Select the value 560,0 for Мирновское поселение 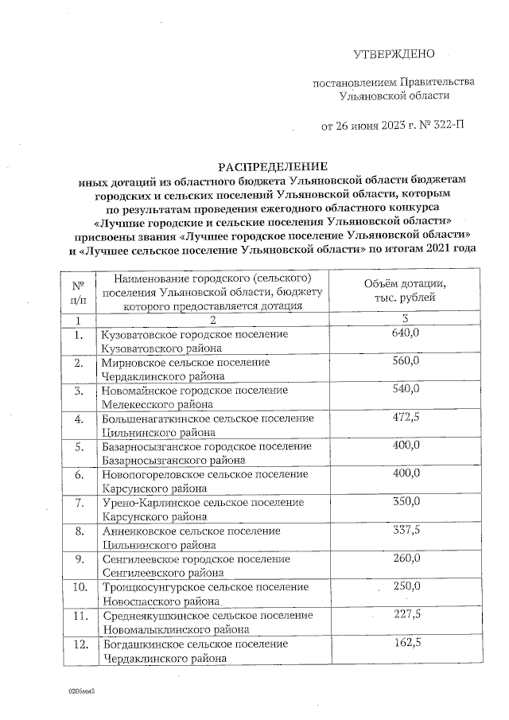tap(406, 361)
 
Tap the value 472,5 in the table tap(406, 417)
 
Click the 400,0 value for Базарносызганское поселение tap(406, 445)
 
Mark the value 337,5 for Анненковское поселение tap(406, 529)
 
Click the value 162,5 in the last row tap(406, 641)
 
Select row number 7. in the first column tap(79, 503)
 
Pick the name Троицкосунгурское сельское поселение tap(205, 587)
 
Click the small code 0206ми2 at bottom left tap(82, 691)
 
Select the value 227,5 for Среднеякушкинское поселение tap(406, 613)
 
